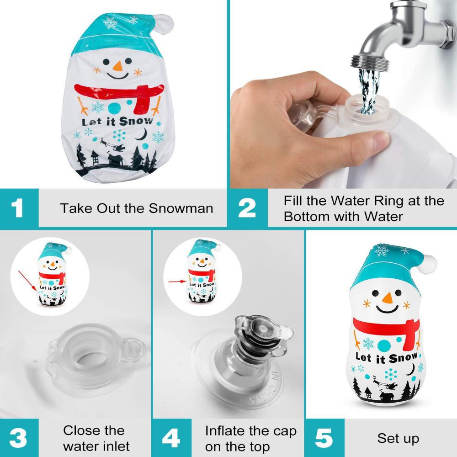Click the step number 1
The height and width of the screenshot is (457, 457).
17,208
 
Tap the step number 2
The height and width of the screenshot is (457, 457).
247,208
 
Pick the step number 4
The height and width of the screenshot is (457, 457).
170,438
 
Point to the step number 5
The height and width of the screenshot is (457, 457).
324,438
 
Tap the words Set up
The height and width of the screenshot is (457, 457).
398,438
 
